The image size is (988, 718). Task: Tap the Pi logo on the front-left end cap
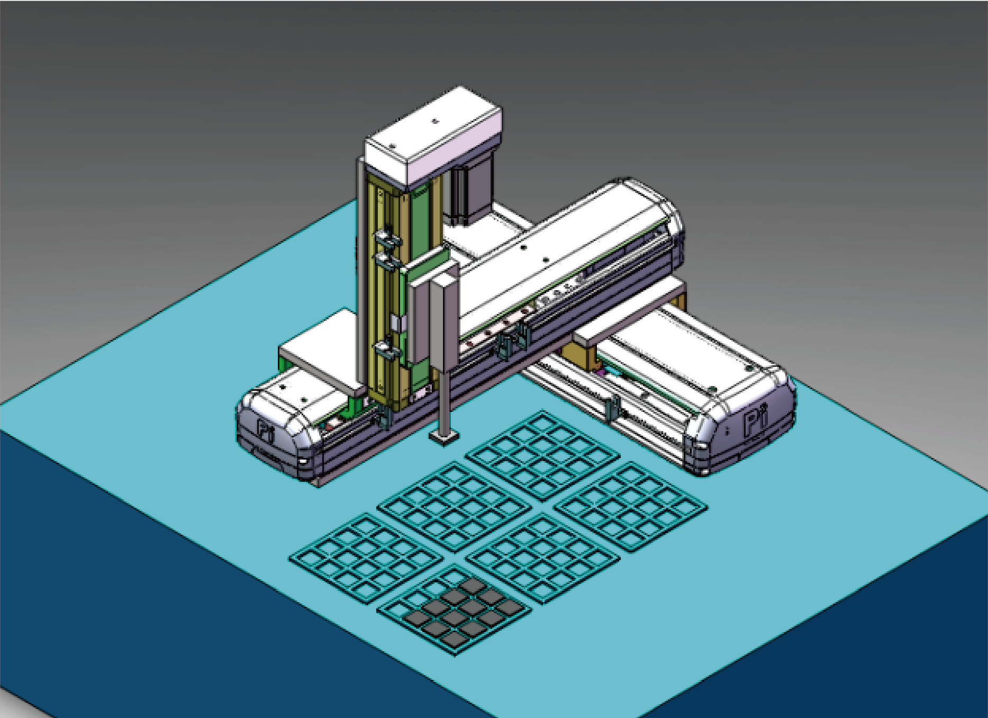265,432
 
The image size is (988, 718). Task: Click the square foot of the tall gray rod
444,436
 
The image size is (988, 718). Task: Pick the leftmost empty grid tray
366,558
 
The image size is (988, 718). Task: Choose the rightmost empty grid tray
630,506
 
